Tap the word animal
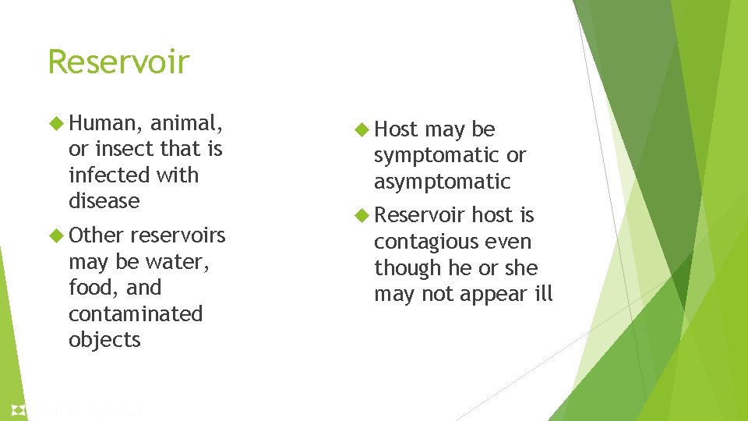[187, 123]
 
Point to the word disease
[104, 201]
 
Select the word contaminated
[135, 314]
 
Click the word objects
[104, 341]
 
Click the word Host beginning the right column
[396, 129]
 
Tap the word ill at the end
[543, 294]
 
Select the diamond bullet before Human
[55, 123]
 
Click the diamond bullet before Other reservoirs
[55, 235]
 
